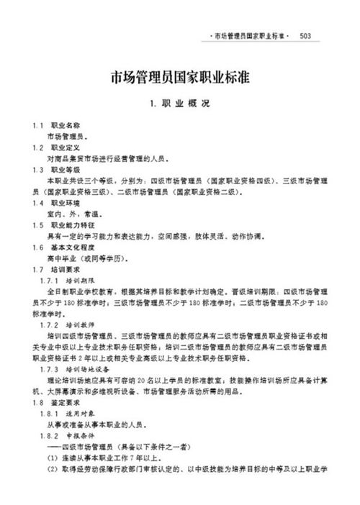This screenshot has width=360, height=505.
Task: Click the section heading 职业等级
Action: coord(64,169)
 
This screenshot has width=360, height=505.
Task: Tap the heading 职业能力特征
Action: coord(69,224)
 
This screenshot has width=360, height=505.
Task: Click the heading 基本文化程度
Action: coord(69,247)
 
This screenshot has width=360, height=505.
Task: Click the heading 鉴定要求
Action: coord(64,403)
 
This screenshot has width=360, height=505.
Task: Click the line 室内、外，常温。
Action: coord(73,214)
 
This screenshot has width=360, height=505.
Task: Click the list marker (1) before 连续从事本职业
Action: coord(52,458)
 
